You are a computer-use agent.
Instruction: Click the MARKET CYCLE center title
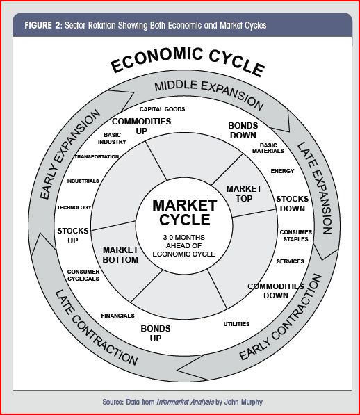coord(185,213)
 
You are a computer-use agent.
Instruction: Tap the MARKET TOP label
coord(244,194)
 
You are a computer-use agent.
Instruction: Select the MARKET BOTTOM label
coord(120,255)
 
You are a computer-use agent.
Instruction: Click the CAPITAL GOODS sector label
coord(162,109)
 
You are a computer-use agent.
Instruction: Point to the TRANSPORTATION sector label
coord(97,156)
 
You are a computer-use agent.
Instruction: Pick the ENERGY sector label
coord(282,171)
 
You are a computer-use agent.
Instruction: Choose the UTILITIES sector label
coord(236,324)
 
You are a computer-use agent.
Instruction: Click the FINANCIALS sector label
coord(117,316)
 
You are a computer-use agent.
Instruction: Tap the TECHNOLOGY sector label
coord(74,207)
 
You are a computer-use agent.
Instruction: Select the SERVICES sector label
coord(291,261)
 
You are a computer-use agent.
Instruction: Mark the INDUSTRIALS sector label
coord(83,181)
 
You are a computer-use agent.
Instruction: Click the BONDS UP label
coord(156,334)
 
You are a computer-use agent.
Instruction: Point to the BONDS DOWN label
coord(243,131)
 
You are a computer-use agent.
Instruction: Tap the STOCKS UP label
coord(73,236)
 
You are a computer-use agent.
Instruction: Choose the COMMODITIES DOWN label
coord(276,291)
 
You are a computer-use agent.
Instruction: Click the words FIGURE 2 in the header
coord(42,26)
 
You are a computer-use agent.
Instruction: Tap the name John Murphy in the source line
coord(243,402)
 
